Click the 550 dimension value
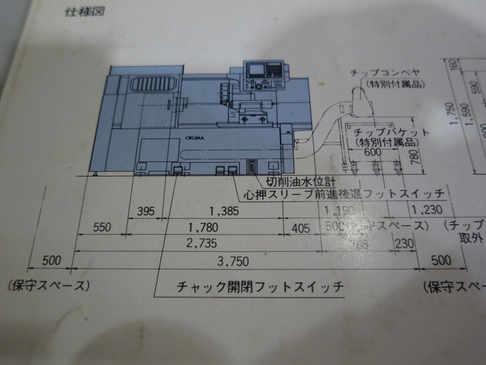(101, 228)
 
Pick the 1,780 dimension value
(202, 228)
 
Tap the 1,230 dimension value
(424, 210)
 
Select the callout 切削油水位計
(301, 181)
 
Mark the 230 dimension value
(402, 243)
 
